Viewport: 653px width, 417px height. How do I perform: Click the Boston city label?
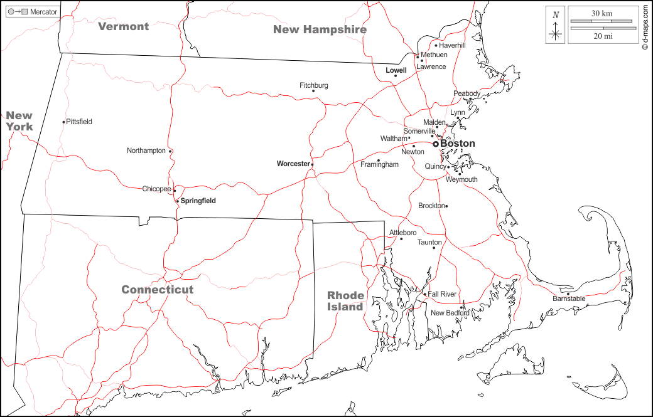[x=458, y=144]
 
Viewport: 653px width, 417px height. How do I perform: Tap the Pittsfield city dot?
[x=64, y=122]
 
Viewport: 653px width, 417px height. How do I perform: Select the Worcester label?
[x=293, y=164]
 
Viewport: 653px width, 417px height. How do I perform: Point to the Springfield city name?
[x=198, y=201]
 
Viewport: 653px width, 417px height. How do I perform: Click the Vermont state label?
[x=124, y=26]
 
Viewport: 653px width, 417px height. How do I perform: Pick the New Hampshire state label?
[x=320, y=29]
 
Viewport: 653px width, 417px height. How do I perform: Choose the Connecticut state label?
[x=157, y=290]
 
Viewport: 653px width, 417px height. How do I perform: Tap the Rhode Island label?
[x=345, y=301]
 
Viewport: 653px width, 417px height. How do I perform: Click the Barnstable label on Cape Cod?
[x=569, y=299]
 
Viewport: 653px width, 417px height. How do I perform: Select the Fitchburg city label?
[x=313, y=85]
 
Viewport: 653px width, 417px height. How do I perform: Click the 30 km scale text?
[x=602, y=13]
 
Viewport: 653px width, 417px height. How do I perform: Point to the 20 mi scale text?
[x=602, y=36]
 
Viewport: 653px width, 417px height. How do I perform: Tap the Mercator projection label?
[x=43, y=12]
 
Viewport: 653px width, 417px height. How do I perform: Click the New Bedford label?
[x=449, y=313]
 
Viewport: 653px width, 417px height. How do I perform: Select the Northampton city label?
[x=146, y=150]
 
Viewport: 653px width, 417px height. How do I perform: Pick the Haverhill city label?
[x=452, y=45]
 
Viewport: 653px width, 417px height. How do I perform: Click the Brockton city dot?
[x=446, y=206]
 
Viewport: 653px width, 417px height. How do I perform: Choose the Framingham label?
[x=379, y=164]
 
